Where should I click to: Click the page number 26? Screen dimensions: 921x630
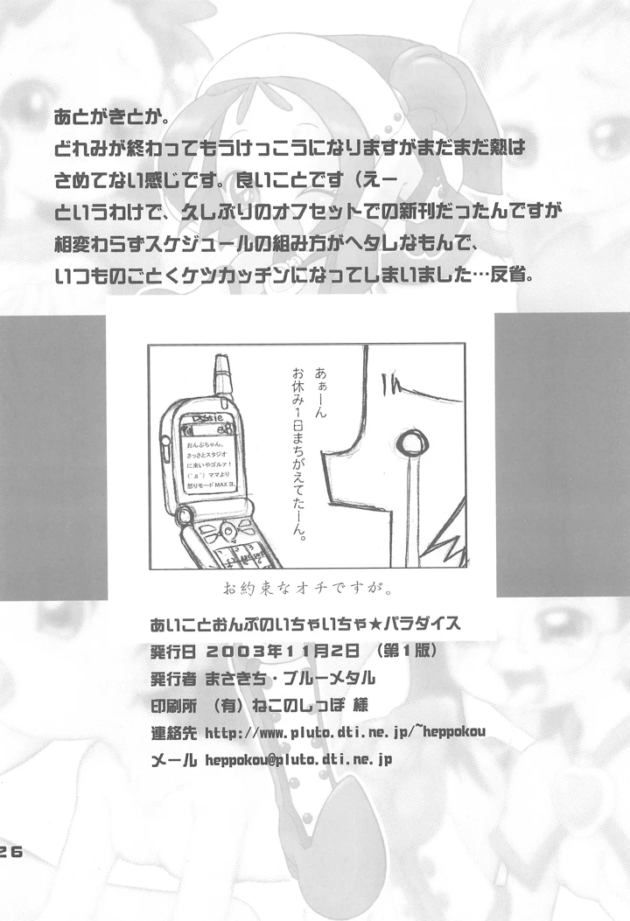(x=16, y=855)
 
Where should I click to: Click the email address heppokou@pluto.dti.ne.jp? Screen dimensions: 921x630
(x=298, y=759)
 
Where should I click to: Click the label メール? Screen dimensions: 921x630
(x=173, y=759)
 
